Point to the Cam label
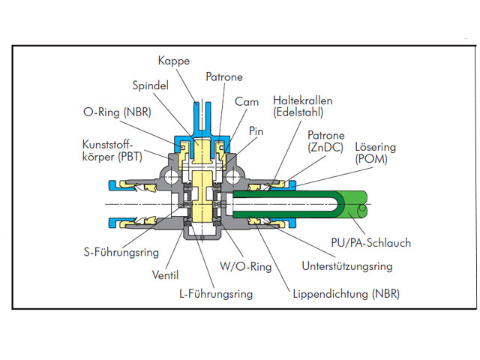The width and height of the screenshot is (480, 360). pyautogui.click(x=246, y=100)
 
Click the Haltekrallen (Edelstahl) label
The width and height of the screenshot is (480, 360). pyautogui.click(x=304, y=106)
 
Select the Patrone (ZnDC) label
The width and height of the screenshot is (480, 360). pyautogui.click(x=325, y=141)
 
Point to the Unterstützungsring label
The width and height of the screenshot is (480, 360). pyautogui.click(x=346, y=266)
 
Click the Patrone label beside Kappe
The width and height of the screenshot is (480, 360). pyautogui.click(x=223, y=76)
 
